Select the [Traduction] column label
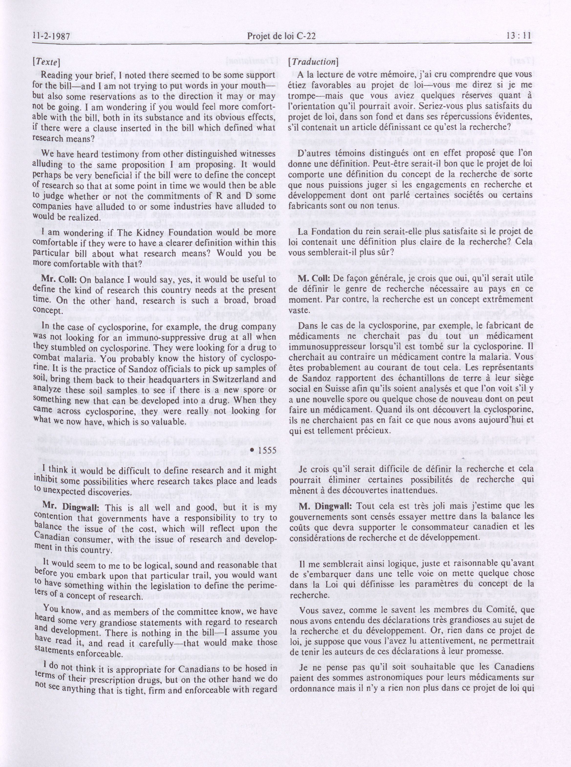pos(312,62)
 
